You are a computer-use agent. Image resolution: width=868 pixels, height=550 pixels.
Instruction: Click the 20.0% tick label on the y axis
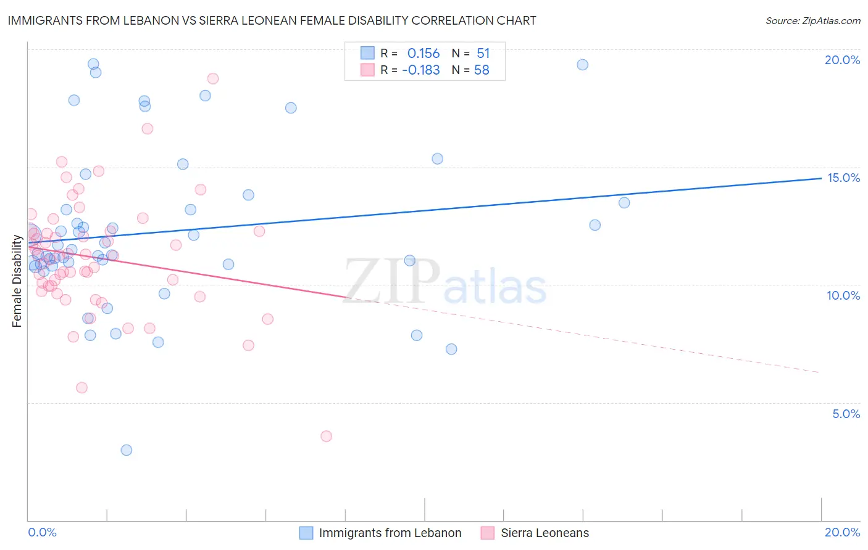tap(842, 60)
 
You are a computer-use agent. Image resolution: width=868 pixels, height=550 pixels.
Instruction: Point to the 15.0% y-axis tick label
tap(843, 178)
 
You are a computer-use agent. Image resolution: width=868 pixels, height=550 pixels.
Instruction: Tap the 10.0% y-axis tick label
tap(843, 295)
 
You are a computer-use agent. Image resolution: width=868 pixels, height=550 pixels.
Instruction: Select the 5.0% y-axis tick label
tap(846, 414)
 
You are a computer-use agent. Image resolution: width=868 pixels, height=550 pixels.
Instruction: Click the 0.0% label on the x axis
tap(42, 532)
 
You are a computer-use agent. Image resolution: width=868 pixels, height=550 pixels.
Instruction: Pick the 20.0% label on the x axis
tap(842, 532)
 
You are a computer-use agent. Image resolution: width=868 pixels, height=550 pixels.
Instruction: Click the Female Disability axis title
tap(17, 281)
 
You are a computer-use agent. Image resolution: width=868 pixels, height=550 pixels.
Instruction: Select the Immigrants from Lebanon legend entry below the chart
tap(390, 533)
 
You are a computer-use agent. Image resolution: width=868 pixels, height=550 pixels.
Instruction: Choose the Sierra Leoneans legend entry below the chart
tap(545, 533)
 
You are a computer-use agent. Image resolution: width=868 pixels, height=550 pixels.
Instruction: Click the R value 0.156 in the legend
tap(424, 54)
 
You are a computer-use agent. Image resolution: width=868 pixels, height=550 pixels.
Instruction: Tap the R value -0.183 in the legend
tap(421, 70)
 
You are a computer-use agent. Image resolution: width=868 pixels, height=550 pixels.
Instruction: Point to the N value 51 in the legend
tap(483, 54)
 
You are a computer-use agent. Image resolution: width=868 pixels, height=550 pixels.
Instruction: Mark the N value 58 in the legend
tap(482, 70)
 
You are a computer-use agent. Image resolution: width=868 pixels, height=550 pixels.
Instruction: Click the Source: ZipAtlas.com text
tap(812, 20)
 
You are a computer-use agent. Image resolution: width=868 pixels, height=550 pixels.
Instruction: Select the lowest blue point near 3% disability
tap(127, 450)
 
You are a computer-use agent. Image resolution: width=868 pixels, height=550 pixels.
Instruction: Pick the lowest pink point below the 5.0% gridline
tap(326, 436)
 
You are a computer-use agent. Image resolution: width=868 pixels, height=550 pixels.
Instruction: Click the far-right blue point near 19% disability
tap(582, 65)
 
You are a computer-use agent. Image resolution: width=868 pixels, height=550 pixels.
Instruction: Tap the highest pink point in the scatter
tap(213, 78)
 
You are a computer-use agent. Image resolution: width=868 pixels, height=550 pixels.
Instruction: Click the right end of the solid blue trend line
tap(820, 178)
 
